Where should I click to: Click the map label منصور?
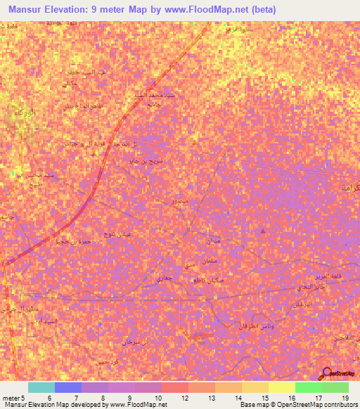click(x=179, y=202)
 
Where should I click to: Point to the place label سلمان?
click(x=213, y=261)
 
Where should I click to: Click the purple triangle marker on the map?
click(x=263, y=231)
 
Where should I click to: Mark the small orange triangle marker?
click(x=195, y=143)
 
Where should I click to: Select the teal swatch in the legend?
click(x=41, y=387)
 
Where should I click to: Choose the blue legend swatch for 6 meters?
click(x=68, y=387)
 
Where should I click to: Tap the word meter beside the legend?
click(x=10, y=398)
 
